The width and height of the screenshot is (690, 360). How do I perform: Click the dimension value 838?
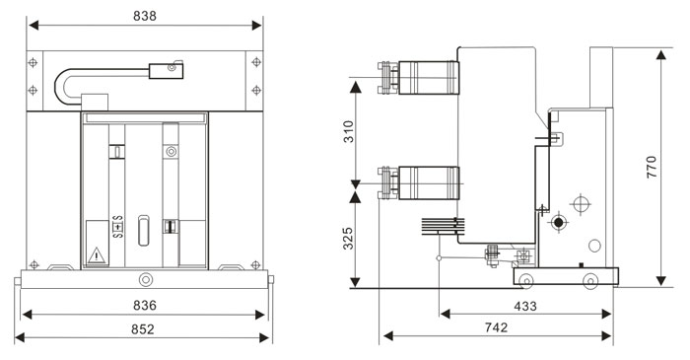(144, 16)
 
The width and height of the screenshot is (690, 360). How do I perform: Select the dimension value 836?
(144, 305)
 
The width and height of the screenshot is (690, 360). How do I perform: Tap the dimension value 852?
(143, 329)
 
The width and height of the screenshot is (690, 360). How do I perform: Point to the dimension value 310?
(349, 131)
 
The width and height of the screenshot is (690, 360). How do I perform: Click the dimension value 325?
(349, 238)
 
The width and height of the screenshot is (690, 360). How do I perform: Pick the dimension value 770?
(652, 167)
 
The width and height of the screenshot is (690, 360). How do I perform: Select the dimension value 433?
(525, 306)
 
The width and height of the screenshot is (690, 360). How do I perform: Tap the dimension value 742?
(496, 327)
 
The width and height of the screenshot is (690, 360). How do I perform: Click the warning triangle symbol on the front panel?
(97, 255)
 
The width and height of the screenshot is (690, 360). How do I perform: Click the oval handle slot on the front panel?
(144, 230)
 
